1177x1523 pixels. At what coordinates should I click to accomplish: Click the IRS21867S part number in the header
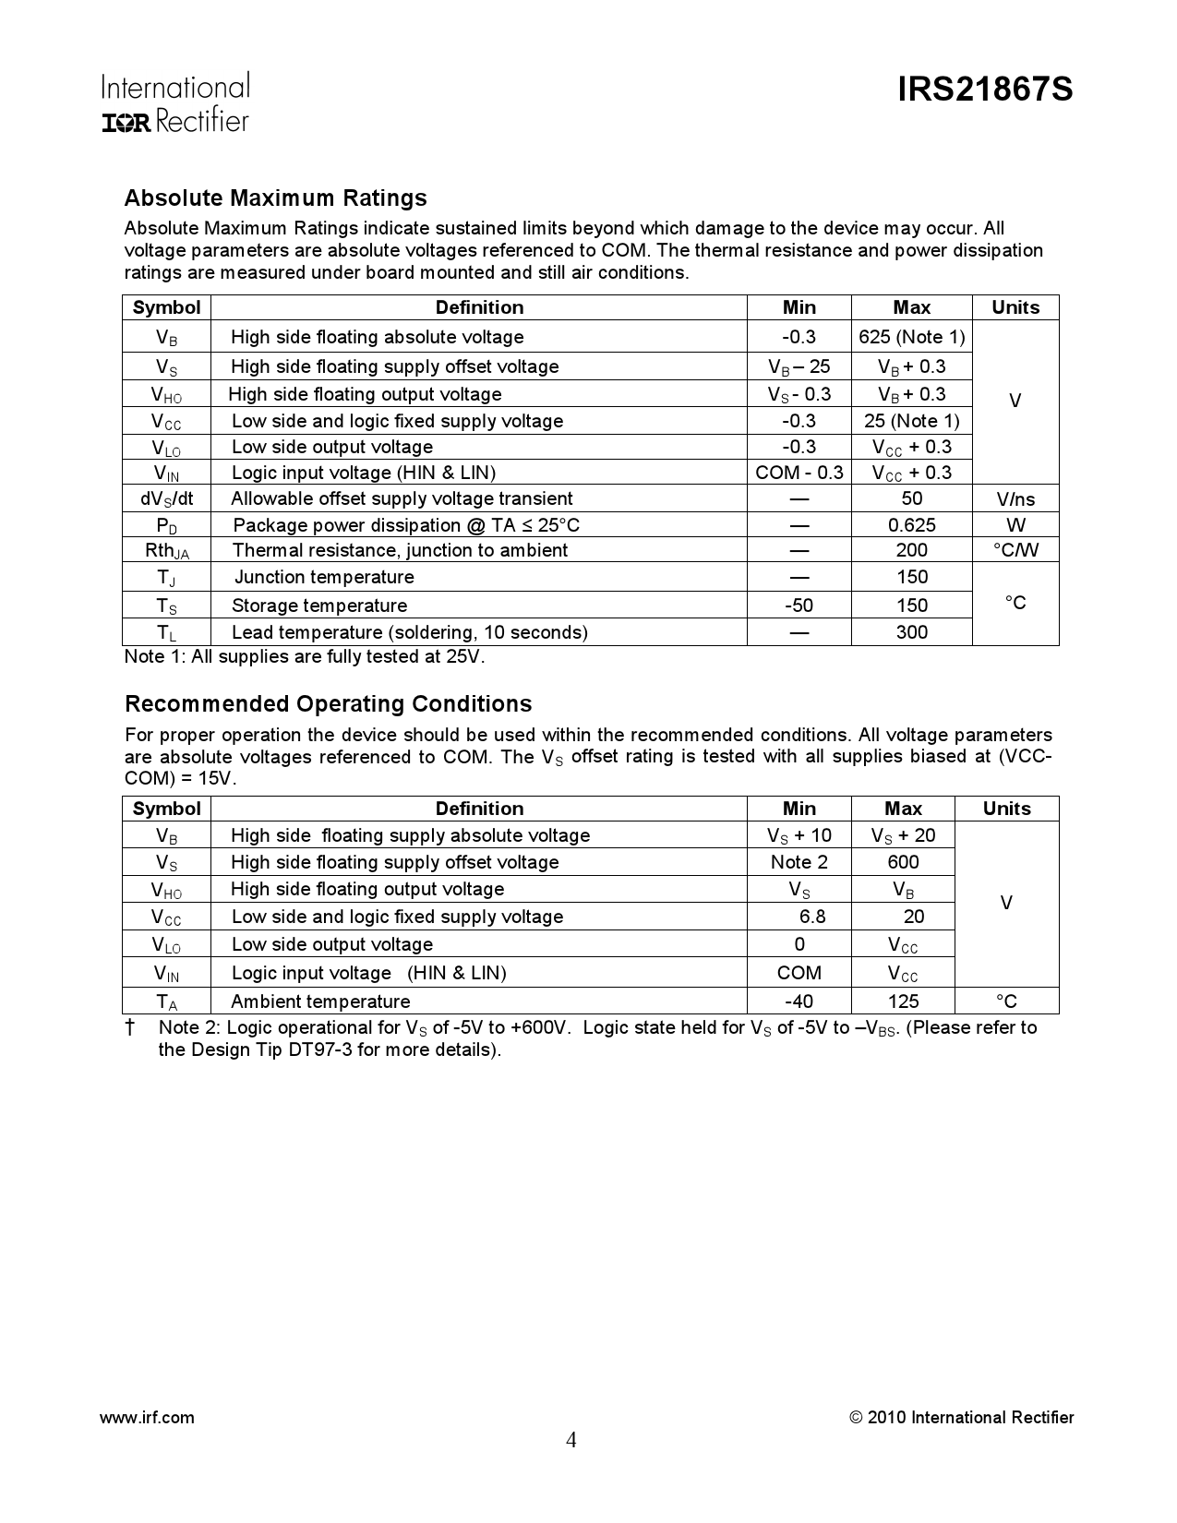[985, 90]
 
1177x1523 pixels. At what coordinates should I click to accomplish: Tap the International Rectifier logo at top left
[174, 102]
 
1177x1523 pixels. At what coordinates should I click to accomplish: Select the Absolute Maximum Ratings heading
[275, 198]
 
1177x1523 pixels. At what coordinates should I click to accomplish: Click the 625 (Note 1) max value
[911, 337]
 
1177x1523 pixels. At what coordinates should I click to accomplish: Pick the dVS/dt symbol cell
[166, 499]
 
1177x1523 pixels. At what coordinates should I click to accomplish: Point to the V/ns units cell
[1015, 499]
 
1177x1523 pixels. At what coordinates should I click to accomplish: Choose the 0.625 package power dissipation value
[911, 525]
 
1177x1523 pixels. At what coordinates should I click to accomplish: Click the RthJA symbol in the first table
[166, 551]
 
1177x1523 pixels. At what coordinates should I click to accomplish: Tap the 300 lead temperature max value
[911, 632]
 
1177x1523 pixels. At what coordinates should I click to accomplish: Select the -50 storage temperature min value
[799, 606]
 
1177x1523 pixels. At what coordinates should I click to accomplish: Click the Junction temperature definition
[324, 578]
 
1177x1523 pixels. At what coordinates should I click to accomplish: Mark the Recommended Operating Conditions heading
[328, 704]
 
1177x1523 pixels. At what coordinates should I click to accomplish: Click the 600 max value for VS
[903, 862]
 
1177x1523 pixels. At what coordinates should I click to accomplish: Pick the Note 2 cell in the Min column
[799, 862]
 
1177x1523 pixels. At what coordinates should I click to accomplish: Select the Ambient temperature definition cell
[320, 1001]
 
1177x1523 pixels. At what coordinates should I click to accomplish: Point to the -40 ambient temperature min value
[799, 1001]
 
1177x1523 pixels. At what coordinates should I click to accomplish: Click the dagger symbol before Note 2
[130, 1027]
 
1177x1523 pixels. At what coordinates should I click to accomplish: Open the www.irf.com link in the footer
[146, 1418]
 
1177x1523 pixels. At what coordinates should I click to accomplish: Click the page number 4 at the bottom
[571, 1441]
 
